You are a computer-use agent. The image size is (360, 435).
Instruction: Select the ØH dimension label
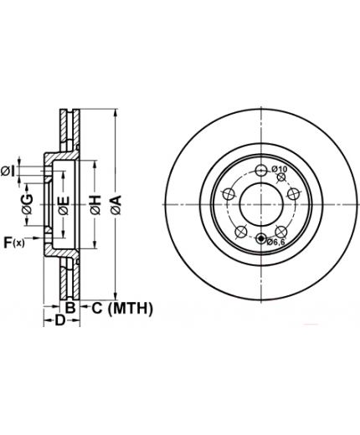[95, 205]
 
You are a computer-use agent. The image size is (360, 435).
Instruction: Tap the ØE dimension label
[64, 206]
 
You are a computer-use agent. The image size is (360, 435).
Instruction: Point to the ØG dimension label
[28, 204]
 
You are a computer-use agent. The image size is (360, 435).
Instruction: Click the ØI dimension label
[8, 171]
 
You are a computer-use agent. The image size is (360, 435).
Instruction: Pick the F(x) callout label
[14, 243]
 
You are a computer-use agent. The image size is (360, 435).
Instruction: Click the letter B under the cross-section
[70, 308]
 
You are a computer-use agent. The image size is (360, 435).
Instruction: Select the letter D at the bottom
[59, 320]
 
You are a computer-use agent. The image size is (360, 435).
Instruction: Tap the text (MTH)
[130, 309]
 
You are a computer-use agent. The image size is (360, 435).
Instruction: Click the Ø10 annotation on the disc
[279, 169]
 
